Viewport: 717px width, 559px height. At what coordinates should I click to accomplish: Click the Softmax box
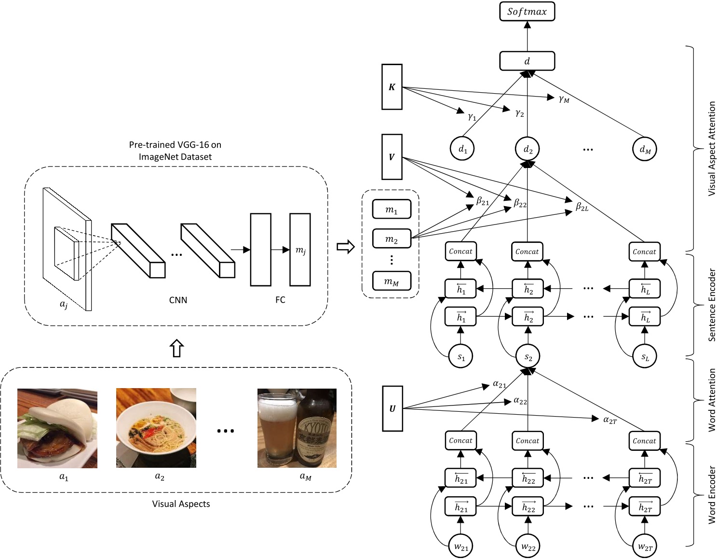(x=527, y=12)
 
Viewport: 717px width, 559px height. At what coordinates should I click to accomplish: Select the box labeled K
(x=392, y=87)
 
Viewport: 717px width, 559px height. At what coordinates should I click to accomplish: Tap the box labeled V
(x=392, y=157)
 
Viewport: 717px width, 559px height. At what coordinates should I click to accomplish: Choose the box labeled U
(x=392, y=408)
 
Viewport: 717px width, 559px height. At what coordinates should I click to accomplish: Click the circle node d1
(x=462, y=149)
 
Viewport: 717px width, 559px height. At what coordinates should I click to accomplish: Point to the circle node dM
(x=645, y=150)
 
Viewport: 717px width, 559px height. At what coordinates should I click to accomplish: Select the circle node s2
(x=528, y=357)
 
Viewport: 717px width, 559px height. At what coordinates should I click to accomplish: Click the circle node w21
(x=461, y=546)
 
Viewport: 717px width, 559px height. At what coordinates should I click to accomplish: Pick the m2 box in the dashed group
(x=392, y=238)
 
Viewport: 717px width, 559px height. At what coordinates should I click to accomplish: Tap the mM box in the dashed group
(x=392, y=281)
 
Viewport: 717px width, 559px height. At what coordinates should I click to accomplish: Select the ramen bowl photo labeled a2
(x=156, y=428)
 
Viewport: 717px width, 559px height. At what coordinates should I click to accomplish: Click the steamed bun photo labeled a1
(x=57, y=428)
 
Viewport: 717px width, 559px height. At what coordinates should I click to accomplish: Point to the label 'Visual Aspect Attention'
(x=711, y=149)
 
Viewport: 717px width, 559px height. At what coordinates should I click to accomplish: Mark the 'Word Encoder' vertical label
(x=711, y=495)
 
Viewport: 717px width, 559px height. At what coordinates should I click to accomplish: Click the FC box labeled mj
(x=300, y=250)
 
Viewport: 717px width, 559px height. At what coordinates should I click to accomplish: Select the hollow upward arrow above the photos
(x=177, y=348)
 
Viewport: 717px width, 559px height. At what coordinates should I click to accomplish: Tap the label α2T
(x=609, y=420)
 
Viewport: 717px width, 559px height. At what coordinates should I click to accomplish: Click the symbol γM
(x=564, y=99)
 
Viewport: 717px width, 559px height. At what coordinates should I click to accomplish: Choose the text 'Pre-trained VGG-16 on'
(x=175, y=144)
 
